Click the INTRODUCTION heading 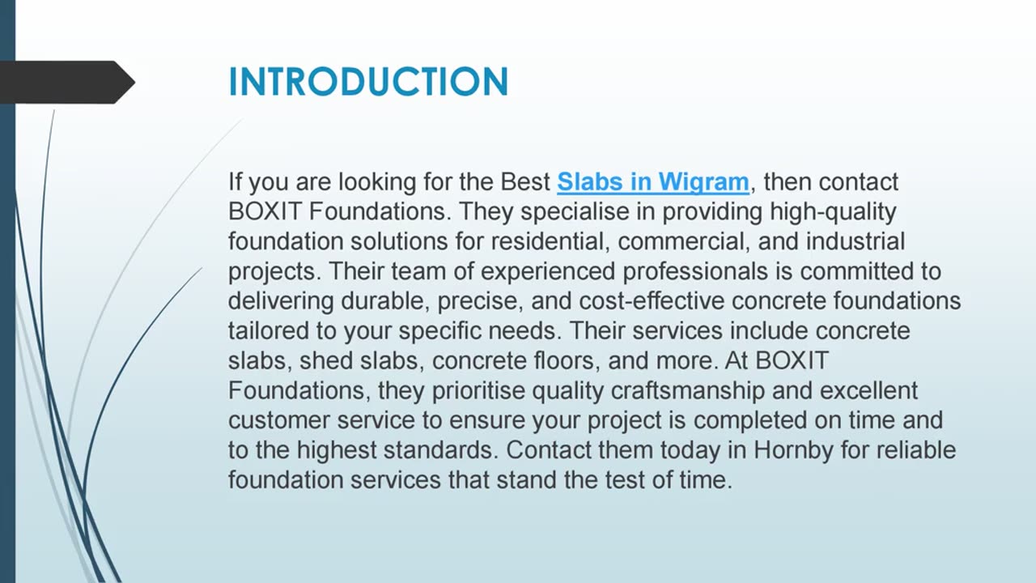pyautogui.click(x=368, y=82)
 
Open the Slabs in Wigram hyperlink pyautogui.click(x=652, y=182)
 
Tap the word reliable pyautogui.click(x=912, y=450)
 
